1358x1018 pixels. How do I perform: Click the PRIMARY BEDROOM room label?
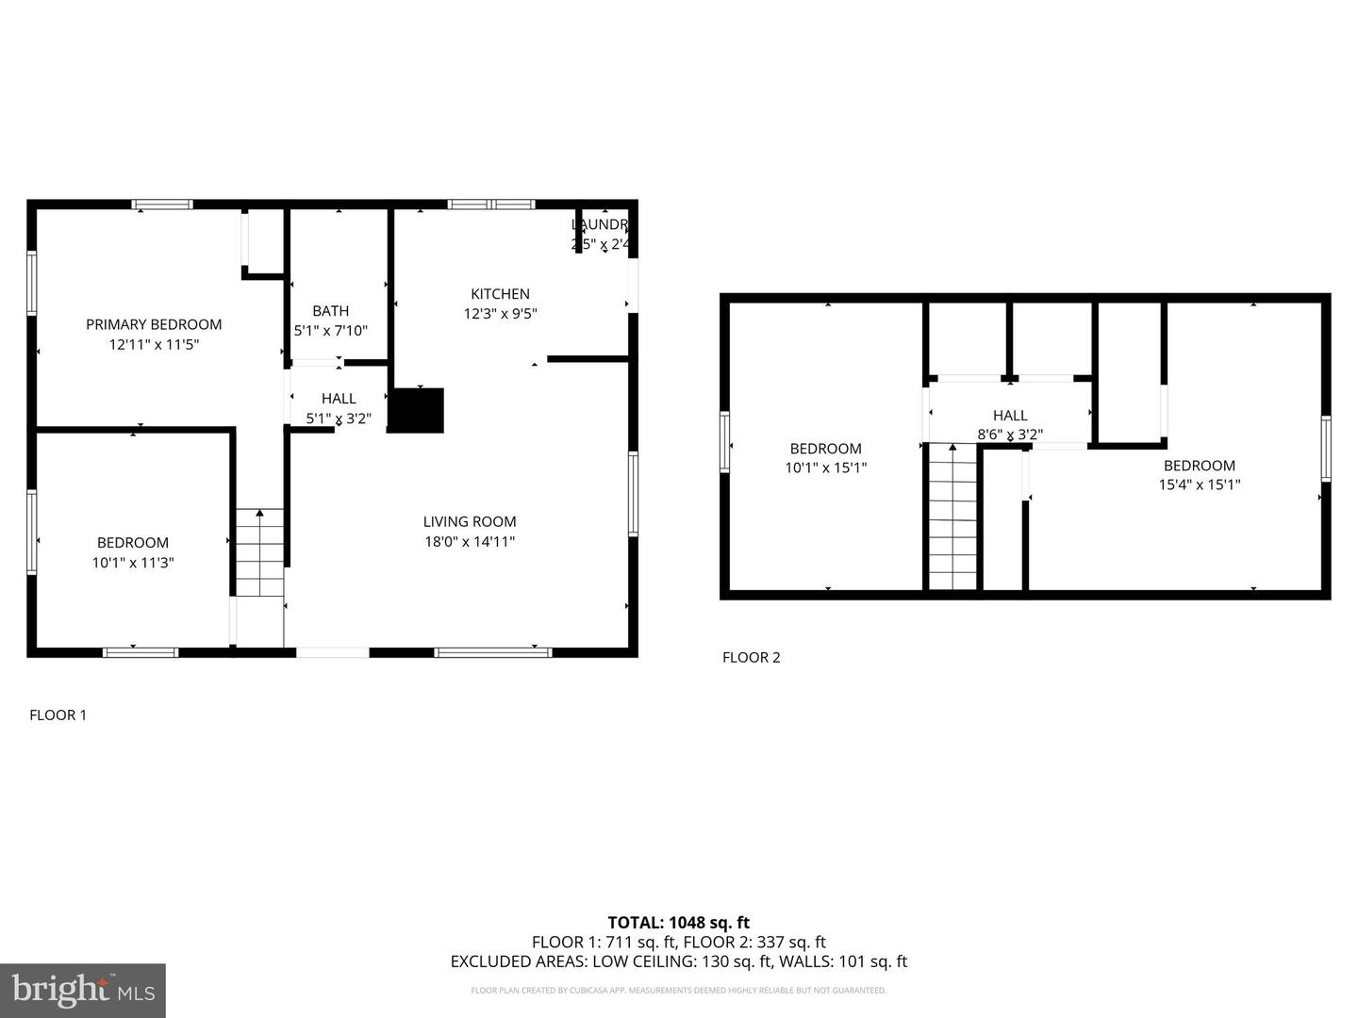click(154, 324)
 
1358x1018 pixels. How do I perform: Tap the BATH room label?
click(331, 311)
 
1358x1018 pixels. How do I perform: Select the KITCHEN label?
click(500, 294)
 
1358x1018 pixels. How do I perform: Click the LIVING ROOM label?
click(469, 521)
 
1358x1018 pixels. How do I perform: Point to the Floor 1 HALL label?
click(339, 399)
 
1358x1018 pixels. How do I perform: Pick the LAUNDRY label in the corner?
click(600, 224)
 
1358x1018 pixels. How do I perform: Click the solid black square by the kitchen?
click(415, 411)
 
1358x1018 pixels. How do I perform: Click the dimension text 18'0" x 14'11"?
click(469, 542)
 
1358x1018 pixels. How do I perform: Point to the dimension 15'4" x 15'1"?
click(1199, 485)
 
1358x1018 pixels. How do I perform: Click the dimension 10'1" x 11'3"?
click(133, 563)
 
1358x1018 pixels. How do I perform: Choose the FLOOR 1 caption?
click(58, 715)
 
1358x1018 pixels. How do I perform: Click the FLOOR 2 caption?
click(751, 658)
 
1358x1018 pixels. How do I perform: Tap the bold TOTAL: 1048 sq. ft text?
click(678, 923)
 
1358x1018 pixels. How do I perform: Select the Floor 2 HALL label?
click(1010, 416)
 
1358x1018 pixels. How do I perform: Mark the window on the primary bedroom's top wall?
click(162, 205)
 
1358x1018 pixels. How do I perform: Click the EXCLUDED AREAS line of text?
click(678, 961)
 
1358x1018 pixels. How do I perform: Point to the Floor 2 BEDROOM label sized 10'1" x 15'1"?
click(825, 449)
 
